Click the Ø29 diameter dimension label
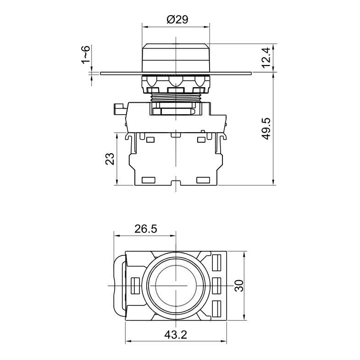point(177,20)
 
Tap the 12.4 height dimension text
point(266,58)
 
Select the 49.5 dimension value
point(266,129)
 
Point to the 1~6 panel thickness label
point(85,55)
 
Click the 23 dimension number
point(110,159)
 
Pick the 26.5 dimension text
point(146,229)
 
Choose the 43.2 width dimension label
point(176,335)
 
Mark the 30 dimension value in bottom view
point(239,286)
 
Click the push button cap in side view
point(176,57)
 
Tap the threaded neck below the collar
point(176,97)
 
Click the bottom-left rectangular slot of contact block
point(149,180)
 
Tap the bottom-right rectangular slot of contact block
point(203,180)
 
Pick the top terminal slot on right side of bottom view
point(217,263)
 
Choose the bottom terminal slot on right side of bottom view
point(217,309)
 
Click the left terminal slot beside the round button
point(135,286)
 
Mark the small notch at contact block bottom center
point(176,183)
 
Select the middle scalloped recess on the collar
point(176,81)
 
